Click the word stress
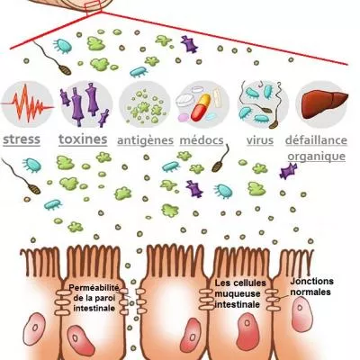click(x=27, y=140)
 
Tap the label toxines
click(x=83, y=140)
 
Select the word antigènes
click(x=144, y=140)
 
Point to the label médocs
click(x=202, y=140)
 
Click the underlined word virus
click(x=260, y=140)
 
